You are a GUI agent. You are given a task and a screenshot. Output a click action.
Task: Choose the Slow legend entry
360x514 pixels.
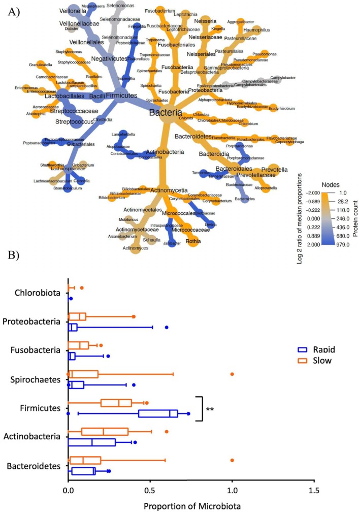click(309, 361)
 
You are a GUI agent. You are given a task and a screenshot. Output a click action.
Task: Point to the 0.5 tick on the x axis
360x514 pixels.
click(150, 491)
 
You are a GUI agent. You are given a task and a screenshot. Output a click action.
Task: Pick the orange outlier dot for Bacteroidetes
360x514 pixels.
click(232, 460)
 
